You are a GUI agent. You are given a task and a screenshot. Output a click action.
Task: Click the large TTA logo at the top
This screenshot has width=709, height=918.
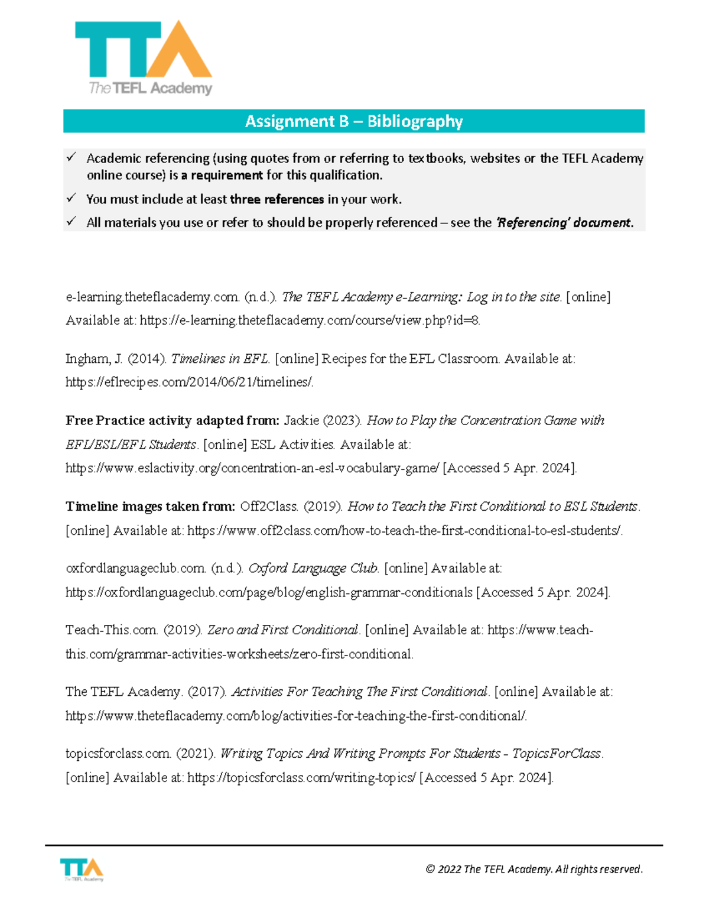pos(144,58)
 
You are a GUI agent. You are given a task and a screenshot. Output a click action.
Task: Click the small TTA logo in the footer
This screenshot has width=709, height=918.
pos(82,870)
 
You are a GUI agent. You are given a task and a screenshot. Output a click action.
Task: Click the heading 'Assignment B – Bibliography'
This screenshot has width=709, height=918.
pos(354,121)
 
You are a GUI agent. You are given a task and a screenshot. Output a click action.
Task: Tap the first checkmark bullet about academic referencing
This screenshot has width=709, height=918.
pos(71,157)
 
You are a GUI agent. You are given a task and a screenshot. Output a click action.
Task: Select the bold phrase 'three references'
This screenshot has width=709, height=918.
pos(277,199)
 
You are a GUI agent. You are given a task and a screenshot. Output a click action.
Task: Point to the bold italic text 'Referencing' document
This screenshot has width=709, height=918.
pos(564,223)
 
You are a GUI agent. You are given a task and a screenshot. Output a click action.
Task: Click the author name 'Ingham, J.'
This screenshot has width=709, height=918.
pos(94,359)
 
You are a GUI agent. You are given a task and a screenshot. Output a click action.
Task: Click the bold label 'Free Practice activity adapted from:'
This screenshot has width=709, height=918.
pos(172,421)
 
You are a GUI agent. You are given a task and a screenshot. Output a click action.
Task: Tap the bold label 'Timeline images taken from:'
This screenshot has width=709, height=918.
pos(150,507)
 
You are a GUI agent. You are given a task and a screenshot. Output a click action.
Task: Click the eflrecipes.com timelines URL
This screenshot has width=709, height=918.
pos(189,382)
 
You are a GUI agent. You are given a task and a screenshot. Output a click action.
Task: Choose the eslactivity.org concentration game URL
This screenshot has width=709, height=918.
pos(252,468)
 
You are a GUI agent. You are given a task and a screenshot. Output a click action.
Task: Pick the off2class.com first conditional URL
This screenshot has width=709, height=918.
pos(405,531)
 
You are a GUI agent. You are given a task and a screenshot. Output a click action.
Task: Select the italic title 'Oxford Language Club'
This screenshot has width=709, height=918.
pos(313,569)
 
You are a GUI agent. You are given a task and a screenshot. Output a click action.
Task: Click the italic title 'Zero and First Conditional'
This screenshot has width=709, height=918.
pos(283,630)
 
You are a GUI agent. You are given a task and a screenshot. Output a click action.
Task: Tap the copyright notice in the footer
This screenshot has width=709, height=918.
pos(534,869)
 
